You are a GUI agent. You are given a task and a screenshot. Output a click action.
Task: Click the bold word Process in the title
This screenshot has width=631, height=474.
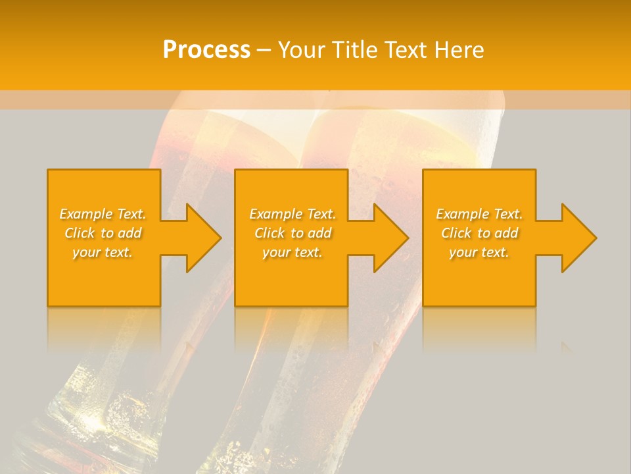206,49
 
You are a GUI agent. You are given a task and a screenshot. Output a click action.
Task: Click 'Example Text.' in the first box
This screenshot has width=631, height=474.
103,214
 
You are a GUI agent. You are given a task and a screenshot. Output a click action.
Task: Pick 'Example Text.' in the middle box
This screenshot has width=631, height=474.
292,214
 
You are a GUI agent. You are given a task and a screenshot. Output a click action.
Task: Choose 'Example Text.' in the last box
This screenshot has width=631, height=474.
479,214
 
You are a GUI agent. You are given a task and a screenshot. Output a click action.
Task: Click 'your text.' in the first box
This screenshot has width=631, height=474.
103,252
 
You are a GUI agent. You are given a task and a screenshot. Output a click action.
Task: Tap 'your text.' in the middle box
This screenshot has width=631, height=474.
292,252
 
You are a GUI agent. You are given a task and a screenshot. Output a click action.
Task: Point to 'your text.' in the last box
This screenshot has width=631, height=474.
479,252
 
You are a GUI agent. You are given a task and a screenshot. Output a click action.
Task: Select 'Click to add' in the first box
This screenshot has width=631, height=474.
103,233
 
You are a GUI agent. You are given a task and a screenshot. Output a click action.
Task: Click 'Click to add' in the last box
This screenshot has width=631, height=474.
480,233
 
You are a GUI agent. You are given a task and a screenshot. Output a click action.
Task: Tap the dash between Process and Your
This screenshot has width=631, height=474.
264,49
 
